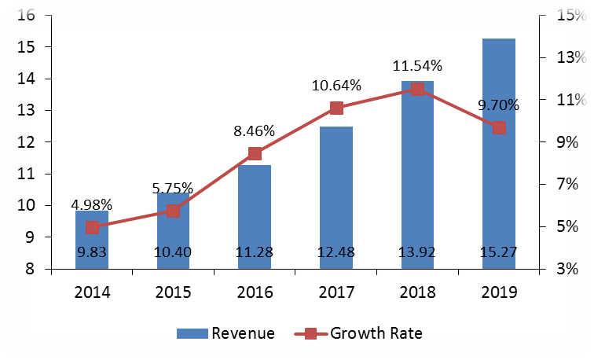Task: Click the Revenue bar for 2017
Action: (336, 197)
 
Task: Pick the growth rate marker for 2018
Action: (417, 89)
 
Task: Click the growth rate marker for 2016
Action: (255, 153)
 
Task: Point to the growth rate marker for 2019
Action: (499, 127)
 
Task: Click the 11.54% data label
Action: (417, 66)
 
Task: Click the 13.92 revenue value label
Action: (417, 253)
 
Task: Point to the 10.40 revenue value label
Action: (174, 253)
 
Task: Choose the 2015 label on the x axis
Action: (174, 292)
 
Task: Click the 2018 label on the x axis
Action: (417, 292)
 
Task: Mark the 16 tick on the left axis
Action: (25, 16)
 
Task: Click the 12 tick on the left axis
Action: (25, 142)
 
